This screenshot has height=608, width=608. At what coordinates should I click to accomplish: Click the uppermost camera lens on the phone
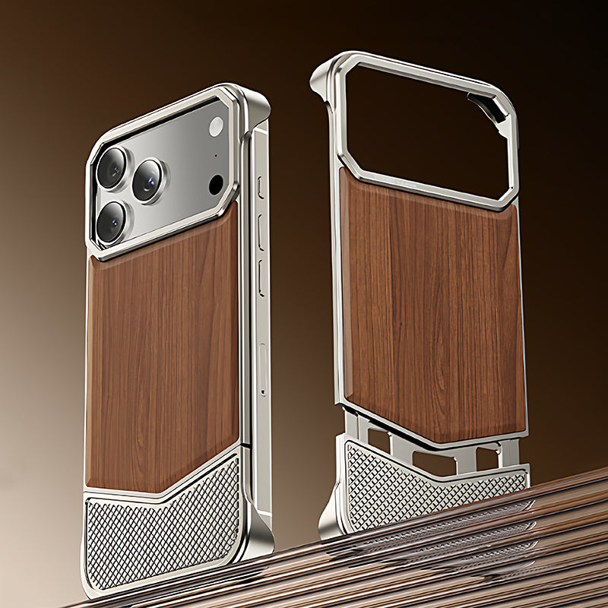[x=112, y=167]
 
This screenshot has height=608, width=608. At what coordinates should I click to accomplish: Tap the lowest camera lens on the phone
[x=112, y=222]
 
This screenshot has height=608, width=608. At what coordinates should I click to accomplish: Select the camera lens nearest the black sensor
[x=148, y=181]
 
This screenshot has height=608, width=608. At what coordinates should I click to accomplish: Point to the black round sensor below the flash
[x=216, y=184]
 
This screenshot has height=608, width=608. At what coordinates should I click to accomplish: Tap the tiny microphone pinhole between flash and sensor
[x=215, y=156]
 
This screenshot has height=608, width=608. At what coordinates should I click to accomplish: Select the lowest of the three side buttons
[x=261, y=278]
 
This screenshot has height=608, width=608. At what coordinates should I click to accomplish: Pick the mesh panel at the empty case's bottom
[x=426, y=483]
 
